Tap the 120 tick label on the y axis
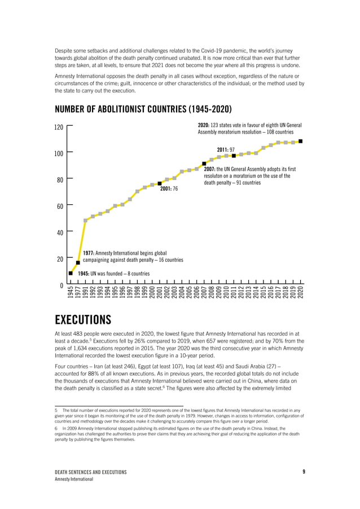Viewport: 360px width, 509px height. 59,128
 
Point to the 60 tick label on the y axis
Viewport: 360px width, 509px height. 59,207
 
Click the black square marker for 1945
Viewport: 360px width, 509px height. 71,273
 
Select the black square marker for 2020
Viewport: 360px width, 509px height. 301,141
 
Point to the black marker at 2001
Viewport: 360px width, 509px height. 160,183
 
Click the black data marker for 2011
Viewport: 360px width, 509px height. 234,156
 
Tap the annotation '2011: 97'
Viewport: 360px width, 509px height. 226,149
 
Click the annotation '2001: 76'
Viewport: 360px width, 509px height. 169,189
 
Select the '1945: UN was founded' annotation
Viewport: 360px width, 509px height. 113,273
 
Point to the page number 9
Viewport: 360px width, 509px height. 304,471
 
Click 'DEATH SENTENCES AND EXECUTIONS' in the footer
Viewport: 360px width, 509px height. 90,472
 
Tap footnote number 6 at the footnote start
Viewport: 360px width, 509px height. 56,428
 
